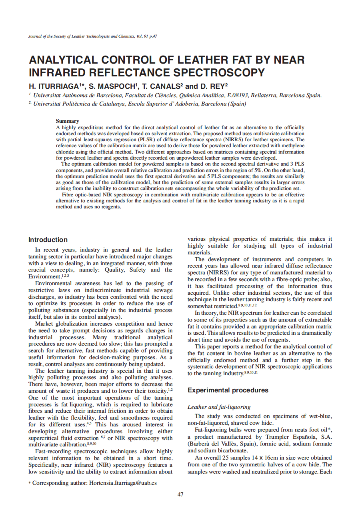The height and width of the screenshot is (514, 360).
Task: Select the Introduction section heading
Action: (x=48, y=240)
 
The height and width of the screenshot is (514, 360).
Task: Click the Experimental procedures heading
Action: (x=228, y=390)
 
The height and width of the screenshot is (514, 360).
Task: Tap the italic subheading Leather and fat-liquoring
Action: (x=219, y=407)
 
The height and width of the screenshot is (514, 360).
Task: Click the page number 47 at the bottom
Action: (x=180, y=494)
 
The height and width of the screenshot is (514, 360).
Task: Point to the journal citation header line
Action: (x=92, y=36)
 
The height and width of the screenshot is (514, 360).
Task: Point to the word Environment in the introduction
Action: (x=44, y=276)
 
